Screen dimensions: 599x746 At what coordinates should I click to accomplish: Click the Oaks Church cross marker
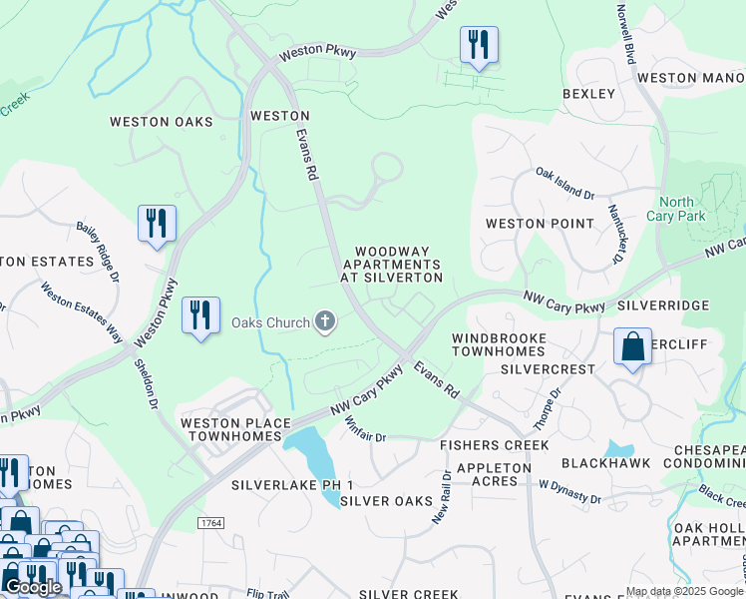324,321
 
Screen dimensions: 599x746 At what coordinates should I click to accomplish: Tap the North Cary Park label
676,209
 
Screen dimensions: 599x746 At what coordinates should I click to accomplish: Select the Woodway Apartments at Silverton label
391,265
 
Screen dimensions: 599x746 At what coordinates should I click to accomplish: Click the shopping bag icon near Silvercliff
632,347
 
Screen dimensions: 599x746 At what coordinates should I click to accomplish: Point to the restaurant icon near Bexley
479,45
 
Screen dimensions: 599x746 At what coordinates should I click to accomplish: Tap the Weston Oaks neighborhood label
162,122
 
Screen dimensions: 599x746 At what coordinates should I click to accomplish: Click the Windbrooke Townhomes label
499,345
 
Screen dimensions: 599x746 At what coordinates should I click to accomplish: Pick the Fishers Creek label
495,444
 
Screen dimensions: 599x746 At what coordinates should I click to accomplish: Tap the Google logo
32,586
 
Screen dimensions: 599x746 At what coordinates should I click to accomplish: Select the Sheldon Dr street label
147,383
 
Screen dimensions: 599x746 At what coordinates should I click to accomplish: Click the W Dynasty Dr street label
569,491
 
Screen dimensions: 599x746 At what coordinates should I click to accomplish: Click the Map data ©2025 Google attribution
683,591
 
